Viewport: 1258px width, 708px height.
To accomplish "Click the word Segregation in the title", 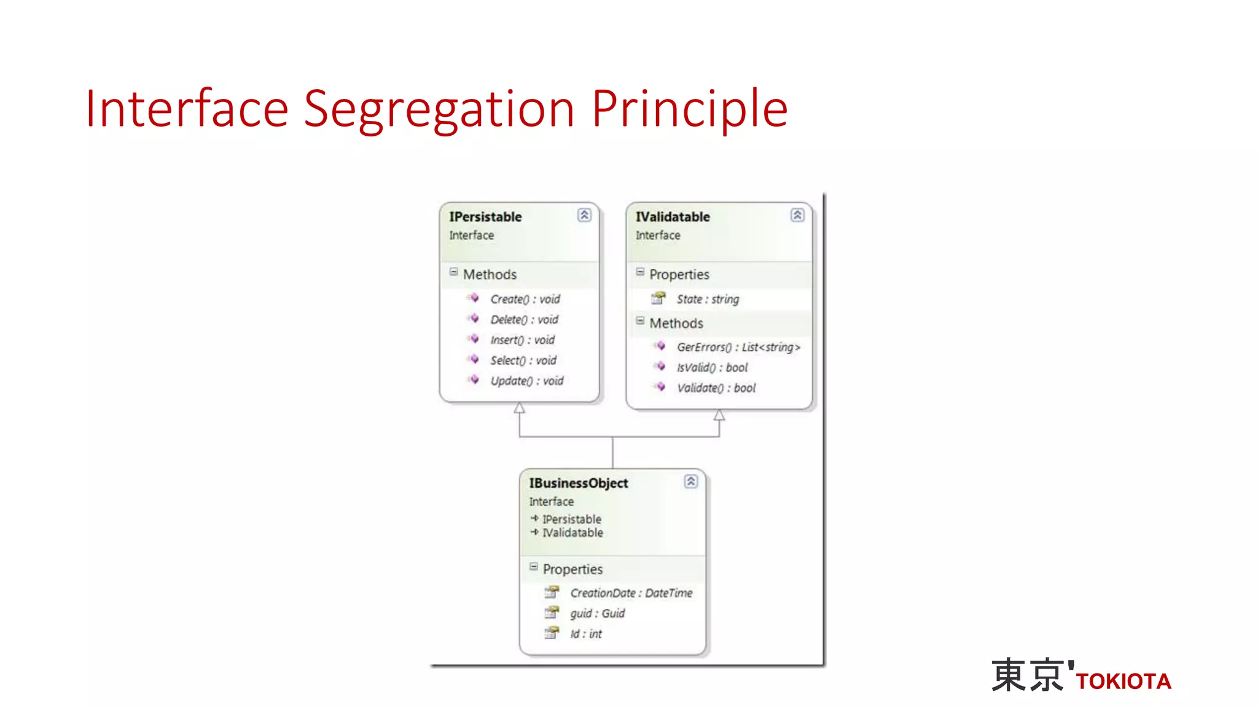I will (439, 109).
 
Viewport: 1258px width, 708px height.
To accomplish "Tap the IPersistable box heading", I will (485, 217).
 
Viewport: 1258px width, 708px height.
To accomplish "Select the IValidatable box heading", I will (673, 217).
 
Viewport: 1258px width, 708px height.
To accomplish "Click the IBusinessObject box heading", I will (579, 484).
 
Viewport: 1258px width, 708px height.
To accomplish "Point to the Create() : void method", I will (525, 299).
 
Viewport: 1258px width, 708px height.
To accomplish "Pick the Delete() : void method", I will (524, 320).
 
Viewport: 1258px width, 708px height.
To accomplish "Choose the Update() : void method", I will (526, 381).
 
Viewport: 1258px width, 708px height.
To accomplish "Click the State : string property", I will (708, 299).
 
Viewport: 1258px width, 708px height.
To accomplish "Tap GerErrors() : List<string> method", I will (738, 347).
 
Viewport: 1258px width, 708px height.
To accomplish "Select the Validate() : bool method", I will (716, 388).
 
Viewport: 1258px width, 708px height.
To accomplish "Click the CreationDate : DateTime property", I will (631, 593).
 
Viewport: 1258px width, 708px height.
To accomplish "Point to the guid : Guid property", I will (597, 613).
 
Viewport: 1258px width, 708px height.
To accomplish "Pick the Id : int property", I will (586, 634).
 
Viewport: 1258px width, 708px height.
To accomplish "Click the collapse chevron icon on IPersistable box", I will (584, 214).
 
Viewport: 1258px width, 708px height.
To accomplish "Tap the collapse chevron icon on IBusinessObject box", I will (690, 481).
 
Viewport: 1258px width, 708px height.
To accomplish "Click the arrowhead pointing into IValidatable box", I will (719, 415).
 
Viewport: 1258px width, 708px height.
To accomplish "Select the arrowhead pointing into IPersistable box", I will (520, 408).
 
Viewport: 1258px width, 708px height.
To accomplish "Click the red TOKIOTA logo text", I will (1123, 681).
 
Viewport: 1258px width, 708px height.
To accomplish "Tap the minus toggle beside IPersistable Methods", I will (453, 272).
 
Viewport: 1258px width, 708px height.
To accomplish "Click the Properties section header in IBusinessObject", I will (572, 569).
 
